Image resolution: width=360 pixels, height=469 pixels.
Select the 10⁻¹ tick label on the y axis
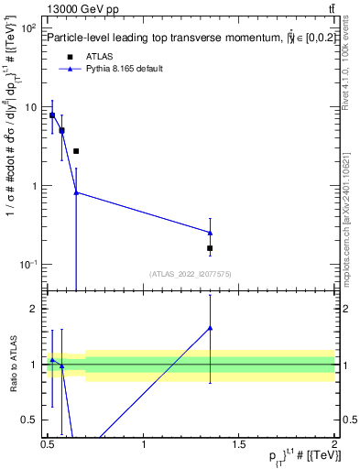27,265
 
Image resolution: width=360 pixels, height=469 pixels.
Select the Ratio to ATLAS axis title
14,363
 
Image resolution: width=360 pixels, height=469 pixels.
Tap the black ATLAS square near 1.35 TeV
210,248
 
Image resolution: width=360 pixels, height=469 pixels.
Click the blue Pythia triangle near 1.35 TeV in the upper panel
210,233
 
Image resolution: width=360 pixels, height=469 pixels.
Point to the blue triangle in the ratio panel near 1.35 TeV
210,327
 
